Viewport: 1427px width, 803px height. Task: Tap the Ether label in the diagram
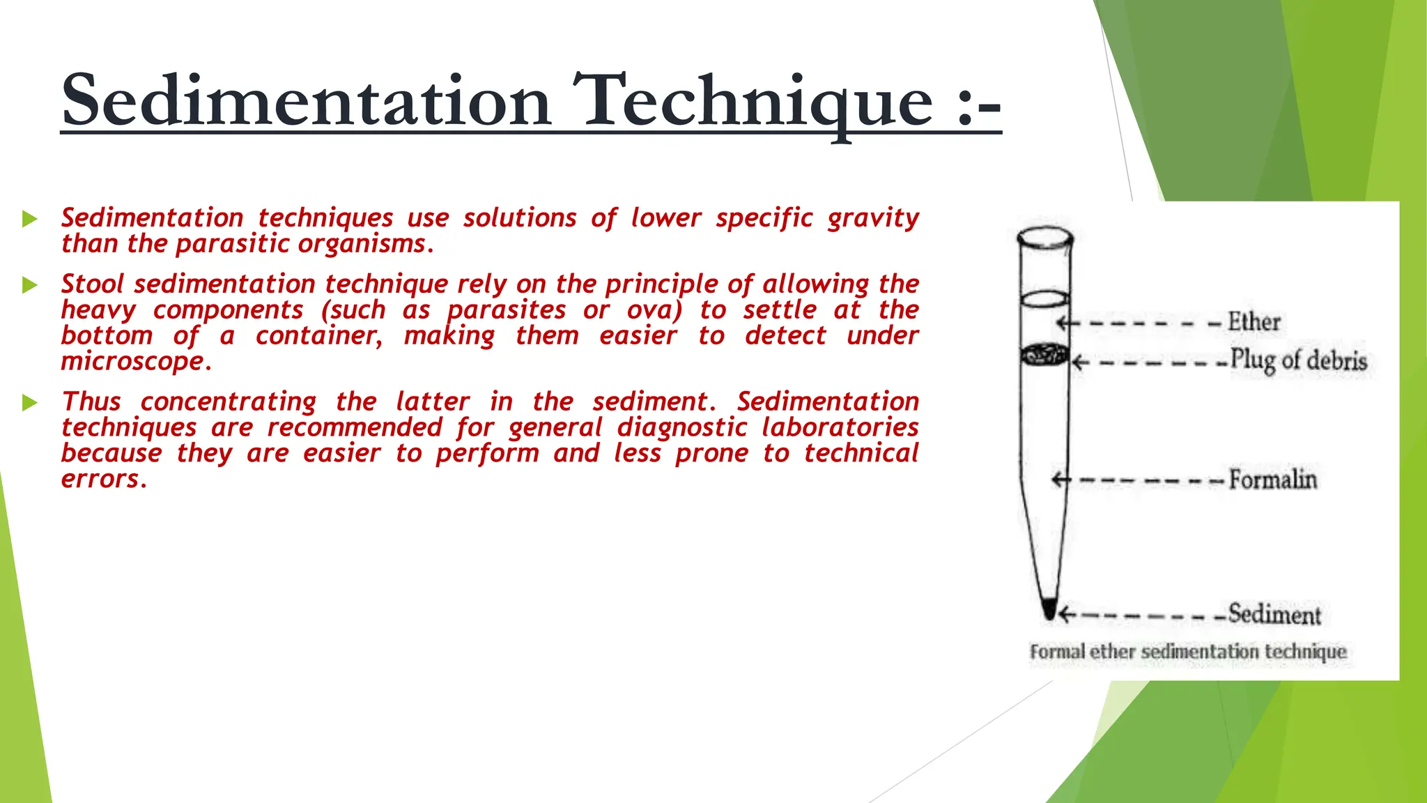pos(1254,322)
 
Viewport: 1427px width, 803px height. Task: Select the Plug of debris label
pos(1298,361)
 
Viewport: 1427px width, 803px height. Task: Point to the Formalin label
pos(1272,480)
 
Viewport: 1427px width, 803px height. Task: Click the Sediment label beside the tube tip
pos(1274,614)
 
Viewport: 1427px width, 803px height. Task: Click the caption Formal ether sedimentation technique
pos(1187,652)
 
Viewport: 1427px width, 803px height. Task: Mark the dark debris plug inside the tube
pos(1044,355)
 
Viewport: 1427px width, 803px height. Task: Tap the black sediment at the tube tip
pos(1049,610)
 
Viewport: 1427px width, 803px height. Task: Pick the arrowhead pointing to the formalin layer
pos(1058,480)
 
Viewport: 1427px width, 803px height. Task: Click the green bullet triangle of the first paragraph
pos(29,219)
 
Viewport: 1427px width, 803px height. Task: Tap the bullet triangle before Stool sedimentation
pos(29,285)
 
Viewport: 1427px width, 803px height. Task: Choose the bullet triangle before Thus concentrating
pos(29,402)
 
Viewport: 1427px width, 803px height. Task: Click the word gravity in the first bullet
pos(873,218)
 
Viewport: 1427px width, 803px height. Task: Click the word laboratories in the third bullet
pos(840,427)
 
